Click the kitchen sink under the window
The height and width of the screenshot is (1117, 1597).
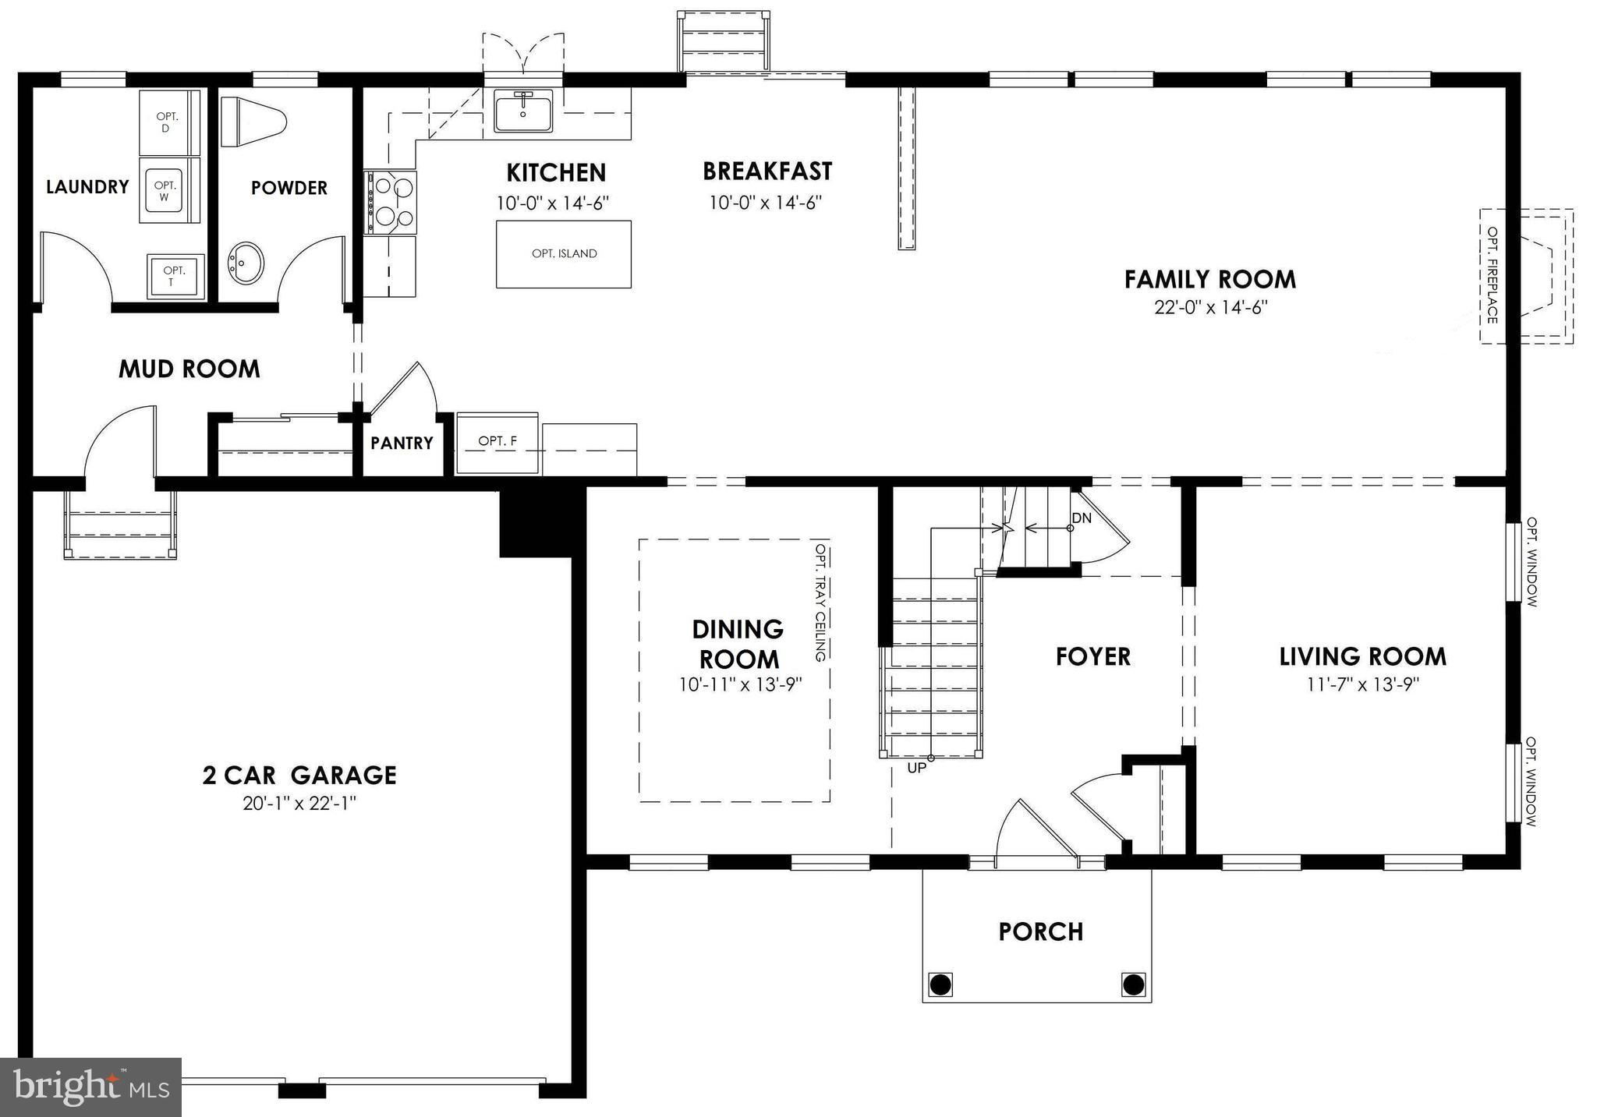click(522, 111)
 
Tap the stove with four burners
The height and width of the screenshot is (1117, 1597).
click(391, 203)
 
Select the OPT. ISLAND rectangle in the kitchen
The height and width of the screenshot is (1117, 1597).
click(564, 254)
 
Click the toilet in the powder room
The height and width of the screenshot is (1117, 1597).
click(253, 122)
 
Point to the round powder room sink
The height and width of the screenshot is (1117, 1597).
click(246, 263)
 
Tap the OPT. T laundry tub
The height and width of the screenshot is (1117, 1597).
click(175, 277)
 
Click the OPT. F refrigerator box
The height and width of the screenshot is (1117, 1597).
click(498, 442)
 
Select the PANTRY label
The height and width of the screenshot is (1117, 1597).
click(402, 444)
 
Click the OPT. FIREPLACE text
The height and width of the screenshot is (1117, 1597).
click(1492, 275)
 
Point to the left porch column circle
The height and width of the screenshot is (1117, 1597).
click(941, 984)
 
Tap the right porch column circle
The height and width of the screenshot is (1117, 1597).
click(1133, 984)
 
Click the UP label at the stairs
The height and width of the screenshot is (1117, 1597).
click(917, 768)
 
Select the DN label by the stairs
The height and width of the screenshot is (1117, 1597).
click(1082, 518)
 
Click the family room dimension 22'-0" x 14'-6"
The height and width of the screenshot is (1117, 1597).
click(1211, 308)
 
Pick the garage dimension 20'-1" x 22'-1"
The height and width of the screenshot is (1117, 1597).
click(299, 804)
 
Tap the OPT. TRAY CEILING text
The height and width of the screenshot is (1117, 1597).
click(820, 603)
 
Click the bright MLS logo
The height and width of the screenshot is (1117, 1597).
click(91, 1087)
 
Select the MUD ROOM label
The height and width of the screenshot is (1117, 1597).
click(189, 369)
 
